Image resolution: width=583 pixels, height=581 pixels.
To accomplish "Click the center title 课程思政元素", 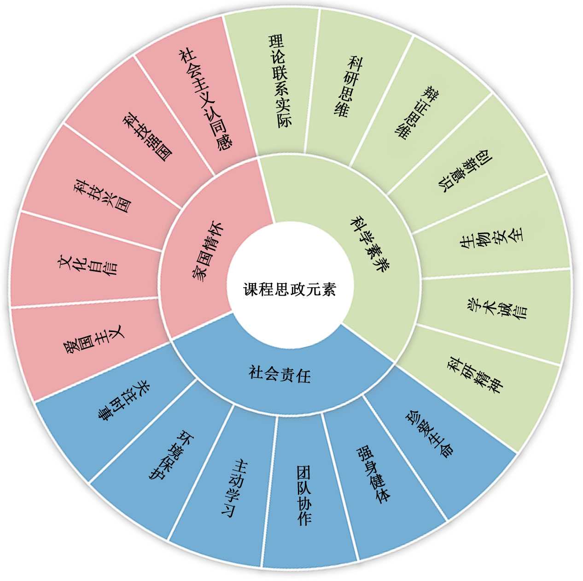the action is point(290,290).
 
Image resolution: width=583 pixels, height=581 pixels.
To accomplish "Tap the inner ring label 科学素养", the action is point(370,243).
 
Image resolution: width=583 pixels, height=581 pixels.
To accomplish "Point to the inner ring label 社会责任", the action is point(280,373).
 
